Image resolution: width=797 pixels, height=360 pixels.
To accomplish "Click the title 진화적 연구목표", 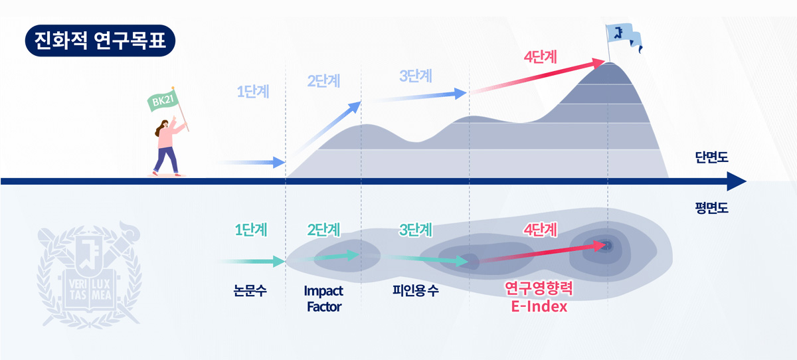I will (100, 41).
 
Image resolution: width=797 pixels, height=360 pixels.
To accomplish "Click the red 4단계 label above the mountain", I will (540, 56).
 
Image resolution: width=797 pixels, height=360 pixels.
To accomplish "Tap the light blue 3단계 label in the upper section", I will (416, 76).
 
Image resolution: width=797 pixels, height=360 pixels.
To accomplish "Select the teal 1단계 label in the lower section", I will (251, 230).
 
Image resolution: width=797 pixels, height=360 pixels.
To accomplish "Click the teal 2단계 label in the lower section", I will (324, 230).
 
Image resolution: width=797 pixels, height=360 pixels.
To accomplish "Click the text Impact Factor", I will (323, 298).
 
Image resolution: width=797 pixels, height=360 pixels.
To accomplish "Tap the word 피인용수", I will (416, 290).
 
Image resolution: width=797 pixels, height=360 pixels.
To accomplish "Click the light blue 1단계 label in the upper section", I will (253, 92).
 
